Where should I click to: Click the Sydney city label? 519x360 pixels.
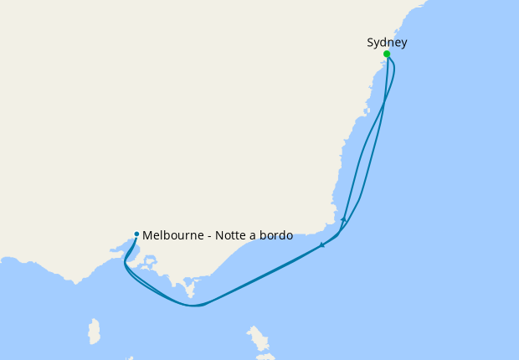(387, 43)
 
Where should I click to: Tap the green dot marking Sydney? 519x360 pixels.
(387, 54)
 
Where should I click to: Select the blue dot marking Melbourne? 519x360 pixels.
(136, 234)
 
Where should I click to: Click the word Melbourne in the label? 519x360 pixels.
(172, 236)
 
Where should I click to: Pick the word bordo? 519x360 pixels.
(276, 236)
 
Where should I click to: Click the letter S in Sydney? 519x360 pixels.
(370, 43)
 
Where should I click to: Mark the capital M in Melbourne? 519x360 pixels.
(147, 236)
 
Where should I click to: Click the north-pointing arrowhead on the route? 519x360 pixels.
(343, 219)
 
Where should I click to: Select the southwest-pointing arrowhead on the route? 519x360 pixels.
(322, 245)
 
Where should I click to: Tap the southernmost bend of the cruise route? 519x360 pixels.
(193, 306)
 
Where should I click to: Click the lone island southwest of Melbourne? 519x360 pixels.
(95, 331)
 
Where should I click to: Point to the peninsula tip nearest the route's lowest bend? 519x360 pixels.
(190, 294)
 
